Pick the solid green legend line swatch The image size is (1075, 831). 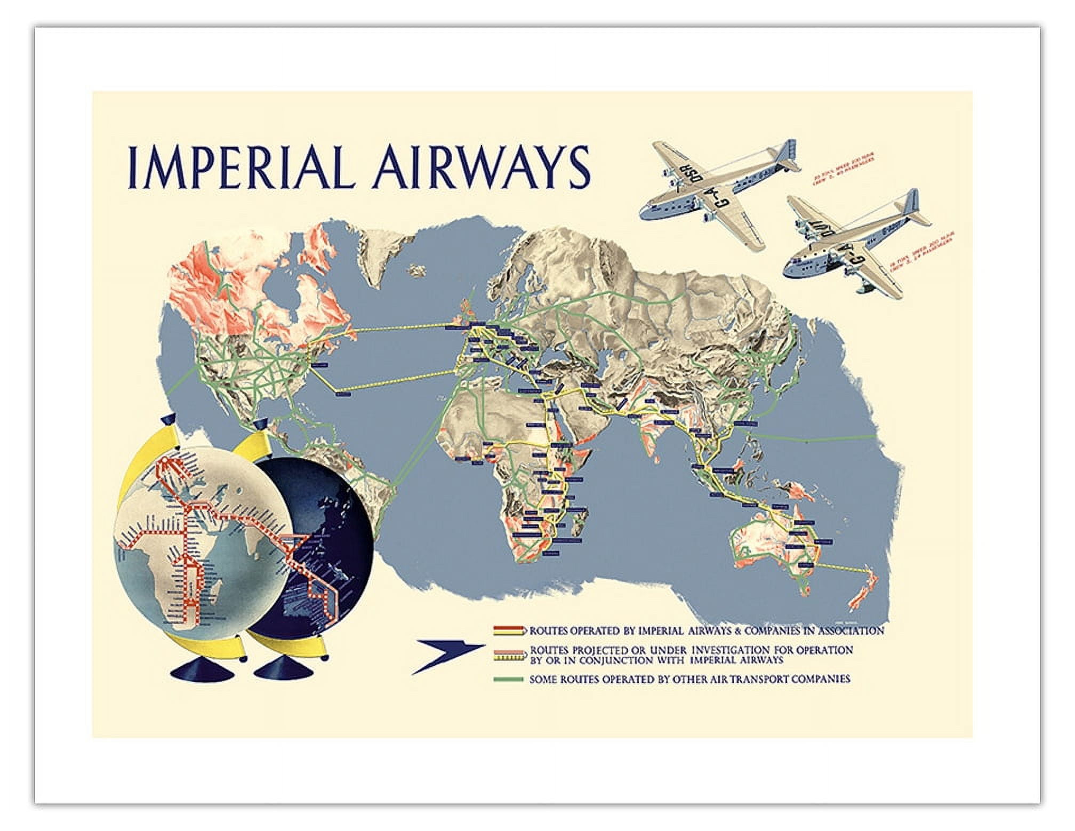(x=509, y=679)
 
